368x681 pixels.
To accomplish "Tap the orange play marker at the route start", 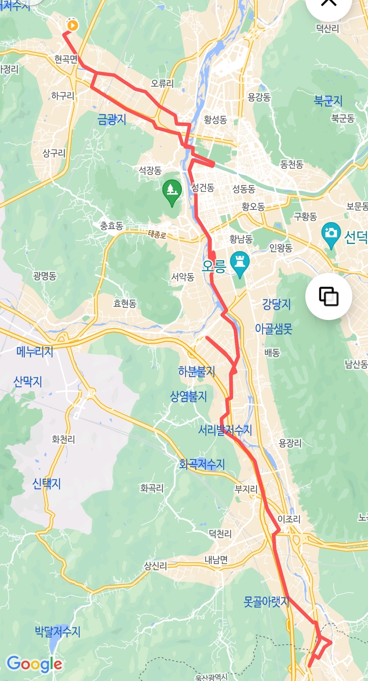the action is [x=72, y=25].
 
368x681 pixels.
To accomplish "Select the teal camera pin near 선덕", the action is [x=331, y=234].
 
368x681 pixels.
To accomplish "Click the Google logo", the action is [x=34, y=664].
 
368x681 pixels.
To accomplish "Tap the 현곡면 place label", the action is [x=66, y=59].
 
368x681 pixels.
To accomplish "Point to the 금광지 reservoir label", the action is [x=112, y=119].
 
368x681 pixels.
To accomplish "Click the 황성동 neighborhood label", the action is [x=215, y=120].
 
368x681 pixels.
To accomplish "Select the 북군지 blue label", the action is [x=328, y=101].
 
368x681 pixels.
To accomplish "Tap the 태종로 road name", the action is [x=157, y=234].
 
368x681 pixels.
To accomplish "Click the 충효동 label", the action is [x=111, y=226].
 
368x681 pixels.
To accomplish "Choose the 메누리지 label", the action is [x=35, y=351].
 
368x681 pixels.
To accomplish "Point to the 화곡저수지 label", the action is [x=202, y=464].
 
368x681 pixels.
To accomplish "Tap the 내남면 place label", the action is [x=216, y=560].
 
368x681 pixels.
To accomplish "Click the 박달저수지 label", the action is [x=58, y=631].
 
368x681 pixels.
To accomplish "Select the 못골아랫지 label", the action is [x=266, y=602].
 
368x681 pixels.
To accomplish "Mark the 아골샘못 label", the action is [x=274, y=329].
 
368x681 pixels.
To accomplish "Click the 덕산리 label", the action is [x=327, y=29].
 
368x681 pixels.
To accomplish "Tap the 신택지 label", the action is [x=46, y=483].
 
